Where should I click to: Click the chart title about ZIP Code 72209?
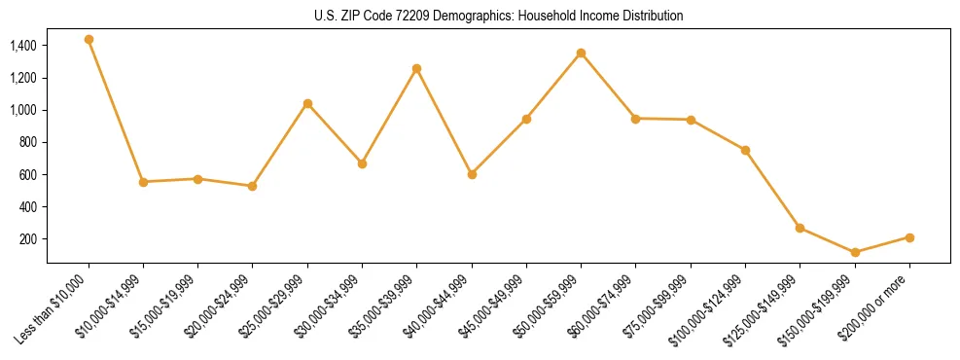[498, 17]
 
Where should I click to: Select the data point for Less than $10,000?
[89, 40]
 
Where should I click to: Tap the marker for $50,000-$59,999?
[581, 53]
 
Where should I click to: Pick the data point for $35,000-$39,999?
[416, 68]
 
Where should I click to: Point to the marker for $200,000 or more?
[909, 237]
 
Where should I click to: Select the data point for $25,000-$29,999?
[307, 103]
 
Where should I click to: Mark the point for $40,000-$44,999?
[472, 174]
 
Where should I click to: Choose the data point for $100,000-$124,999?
[745, 150]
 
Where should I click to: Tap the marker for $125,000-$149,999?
[800, 228]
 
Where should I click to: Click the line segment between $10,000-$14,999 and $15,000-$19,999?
[170, 180]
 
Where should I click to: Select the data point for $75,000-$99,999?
[691, 120]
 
